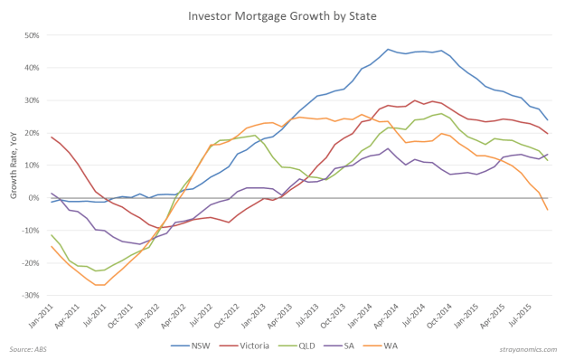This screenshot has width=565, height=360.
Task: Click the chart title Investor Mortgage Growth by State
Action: [282, 15]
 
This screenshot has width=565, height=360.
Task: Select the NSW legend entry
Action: [206, 345]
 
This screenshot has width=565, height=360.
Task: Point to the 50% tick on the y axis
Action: [33, 35]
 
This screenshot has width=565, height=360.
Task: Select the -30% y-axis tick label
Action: [31, 296]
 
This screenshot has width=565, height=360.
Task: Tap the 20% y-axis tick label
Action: [33, 133]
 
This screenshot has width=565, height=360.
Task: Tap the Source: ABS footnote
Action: [29, 348]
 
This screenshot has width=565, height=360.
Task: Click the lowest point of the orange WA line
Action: [101, 285]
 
